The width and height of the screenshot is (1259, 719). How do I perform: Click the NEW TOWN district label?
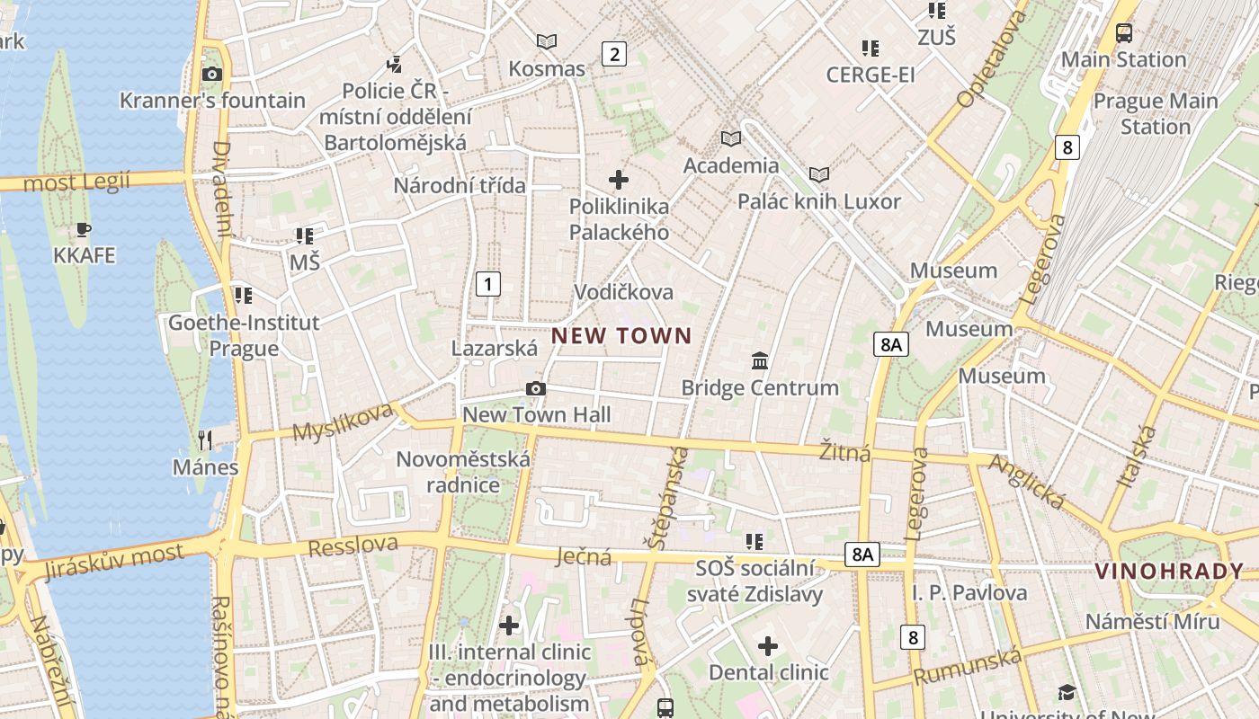coord(621,336)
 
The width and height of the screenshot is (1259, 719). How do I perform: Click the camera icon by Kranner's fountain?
coord(212,74)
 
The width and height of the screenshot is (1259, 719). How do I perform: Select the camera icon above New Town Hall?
coord(536,388)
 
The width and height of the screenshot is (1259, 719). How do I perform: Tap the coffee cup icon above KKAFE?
coord(84,229)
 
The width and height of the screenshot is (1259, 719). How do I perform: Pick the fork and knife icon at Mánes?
coord(206,439)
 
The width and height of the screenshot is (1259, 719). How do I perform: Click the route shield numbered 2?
coord(614,54)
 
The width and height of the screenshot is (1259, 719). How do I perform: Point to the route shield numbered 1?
coord(487,285)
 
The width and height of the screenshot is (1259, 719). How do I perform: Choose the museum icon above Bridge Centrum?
coord(760,360)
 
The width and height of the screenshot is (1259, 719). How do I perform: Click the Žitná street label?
coord(845,451)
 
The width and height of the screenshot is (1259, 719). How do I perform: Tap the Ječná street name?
coord(585,556)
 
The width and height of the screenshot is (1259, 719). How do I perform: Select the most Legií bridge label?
coord(76,182)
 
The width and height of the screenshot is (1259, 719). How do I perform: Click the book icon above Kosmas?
coord(546,41)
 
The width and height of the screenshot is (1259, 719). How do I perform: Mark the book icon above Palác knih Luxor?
coord(818,174)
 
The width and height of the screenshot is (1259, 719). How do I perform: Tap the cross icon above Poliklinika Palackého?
coord(619,179)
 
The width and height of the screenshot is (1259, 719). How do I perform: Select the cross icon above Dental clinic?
coord(768,645)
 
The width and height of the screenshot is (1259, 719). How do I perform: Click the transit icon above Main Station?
coord(1124,33)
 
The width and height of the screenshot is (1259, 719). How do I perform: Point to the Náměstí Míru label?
coord(1152,621)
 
